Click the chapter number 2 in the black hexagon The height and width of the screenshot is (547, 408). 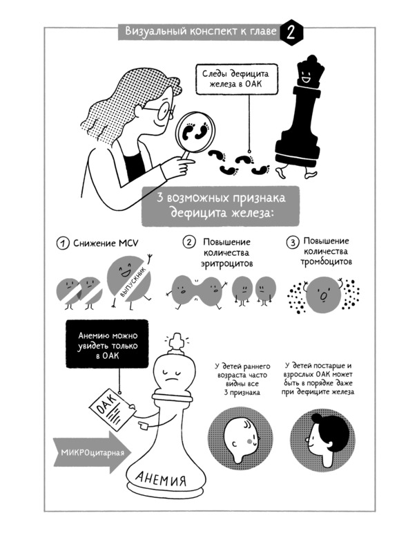291,33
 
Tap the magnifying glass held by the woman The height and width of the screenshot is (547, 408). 193,136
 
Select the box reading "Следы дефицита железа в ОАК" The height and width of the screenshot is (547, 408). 237,80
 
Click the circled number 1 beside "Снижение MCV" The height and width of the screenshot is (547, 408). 63,243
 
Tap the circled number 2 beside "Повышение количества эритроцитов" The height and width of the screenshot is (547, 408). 189,242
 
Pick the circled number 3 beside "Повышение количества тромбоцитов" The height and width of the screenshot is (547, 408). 293,242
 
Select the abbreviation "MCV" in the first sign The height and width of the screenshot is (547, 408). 128,243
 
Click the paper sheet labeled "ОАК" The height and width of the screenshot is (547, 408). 111,409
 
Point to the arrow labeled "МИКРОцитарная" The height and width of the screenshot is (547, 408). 90,452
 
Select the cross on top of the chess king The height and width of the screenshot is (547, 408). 176,344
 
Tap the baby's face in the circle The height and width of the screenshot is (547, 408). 241,438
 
